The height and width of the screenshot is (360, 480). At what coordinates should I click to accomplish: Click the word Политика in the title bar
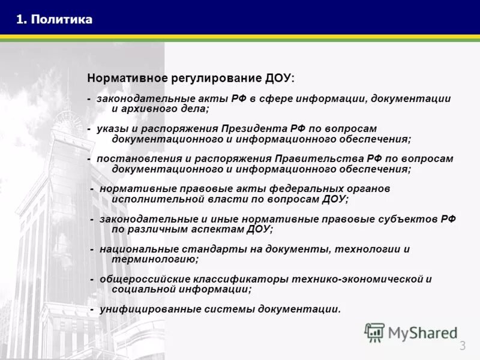click(62, 20)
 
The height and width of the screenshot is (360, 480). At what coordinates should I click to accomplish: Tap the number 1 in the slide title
click(20, 20)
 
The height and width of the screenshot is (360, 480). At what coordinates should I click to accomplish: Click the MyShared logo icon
click(374, 332)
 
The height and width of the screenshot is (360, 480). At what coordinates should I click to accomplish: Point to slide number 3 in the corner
click(463, 345)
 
